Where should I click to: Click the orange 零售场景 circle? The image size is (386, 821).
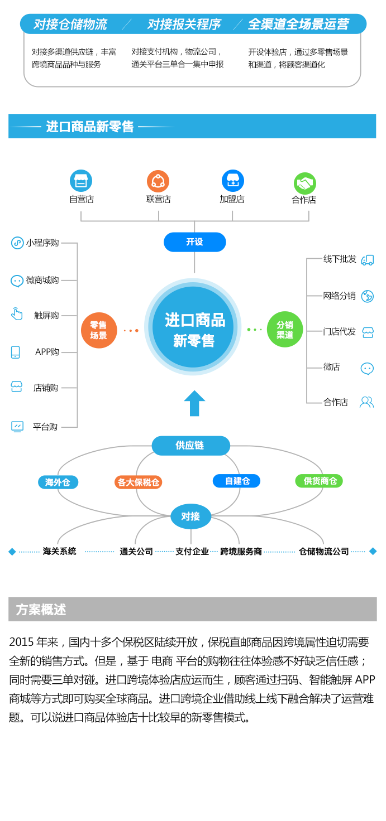98,330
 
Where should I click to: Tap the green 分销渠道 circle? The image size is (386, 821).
285,330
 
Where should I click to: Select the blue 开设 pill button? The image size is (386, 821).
194,242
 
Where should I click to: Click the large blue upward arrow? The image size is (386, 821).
194,403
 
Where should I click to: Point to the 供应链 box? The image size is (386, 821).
190,446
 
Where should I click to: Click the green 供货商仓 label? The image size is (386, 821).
319,481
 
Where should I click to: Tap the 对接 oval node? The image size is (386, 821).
190,516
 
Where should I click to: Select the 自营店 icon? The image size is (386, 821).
81,181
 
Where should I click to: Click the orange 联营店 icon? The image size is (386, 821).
158,181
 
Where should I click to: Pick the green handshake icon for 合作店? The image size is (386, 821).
304,183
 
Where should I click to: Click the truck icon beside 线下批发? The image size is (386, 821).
367,260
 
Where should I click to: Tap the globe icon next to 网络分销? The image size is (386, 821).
367,296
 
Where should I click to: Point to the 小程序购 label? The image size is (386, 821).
42,243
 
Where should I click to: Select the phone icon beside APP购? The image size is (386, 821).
16,352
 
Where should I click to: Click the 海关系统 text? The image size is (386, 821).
59,552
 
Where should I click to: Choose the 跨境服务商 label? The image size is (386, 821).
241,552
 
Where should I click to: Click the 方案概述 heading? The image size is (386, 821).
41,610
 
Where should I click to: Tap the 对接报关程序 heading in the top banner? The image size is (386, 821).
184,25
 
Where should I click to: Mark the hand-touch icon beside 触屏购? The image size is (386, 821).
17,314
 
